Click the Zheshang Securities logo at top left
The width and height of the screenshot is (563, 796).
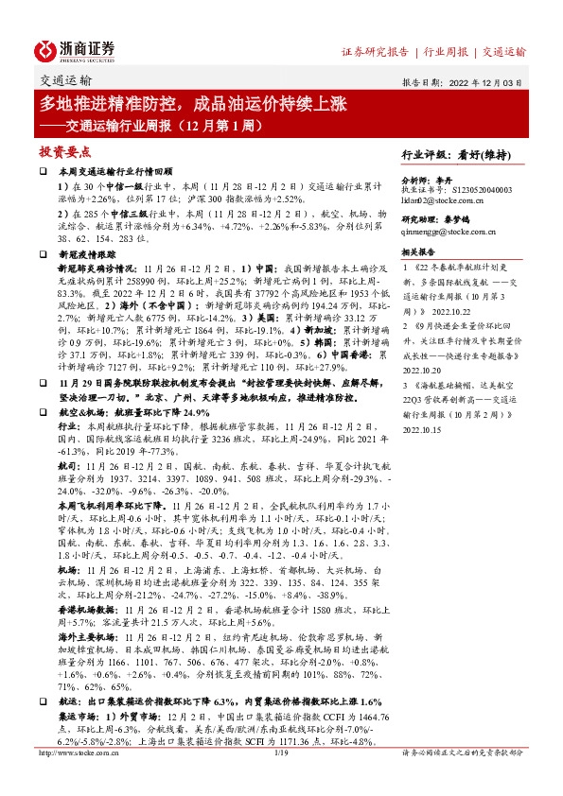coord(75,48)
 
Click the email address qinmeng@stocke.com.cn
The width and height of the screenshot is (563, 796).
coord(449,232)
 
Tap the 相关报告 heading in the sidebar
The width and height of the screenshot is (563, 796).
coord(417,252)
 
